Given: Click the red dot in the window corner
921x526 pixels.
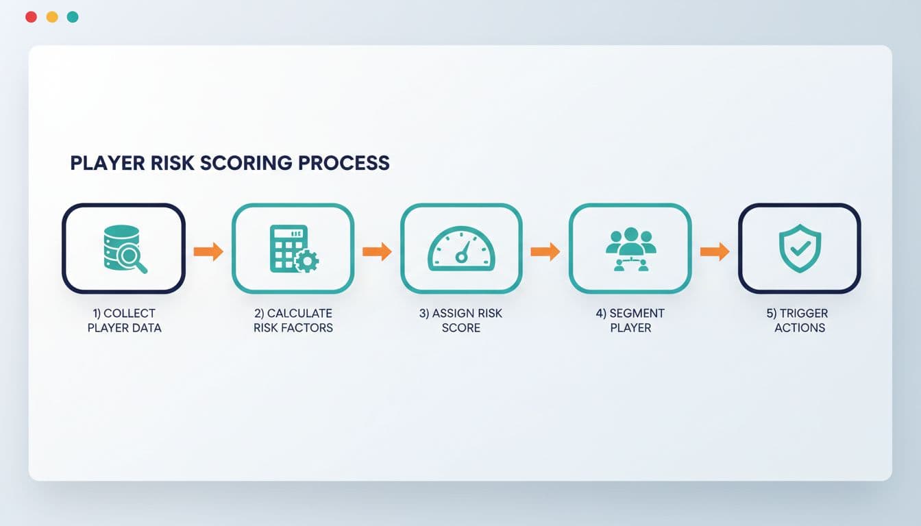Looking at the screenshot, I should coord(31,17).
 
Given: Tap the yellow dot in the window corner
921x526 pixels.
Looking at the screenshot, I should coord(52,17).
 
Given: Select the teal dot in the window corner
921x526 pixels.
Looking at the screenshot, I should coord(73,17).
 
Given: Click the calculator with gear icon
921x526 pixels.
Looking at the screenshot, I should coord(293,249).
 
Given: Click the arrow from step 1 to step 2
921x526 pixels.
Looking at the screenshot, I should coord(208,251).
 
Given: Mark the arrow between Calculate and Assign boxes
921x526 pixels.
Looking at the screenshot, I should coord(377,251).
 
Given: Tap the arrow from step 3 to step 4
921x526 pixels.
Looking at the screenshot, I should coord(545,251).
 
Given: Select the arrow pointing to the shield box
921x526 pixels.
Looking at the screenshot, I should coord(715,251).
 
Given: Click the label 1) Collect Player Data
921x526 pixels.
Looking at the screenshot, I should coord(124,321).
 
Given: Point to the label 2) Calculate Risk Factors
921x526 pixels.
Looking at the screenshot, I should coord(293,321).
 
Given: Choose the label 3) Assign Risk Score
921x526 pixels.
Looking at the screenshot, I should coord(460,321).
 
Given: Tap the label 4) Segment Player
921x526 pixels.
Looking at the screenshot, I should coord(630,321).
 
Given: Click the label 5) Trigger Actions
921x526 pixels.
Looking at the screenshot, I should coord(799,321).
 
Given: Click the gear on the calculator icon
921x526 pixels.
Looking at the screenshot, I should coord(306,262).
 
